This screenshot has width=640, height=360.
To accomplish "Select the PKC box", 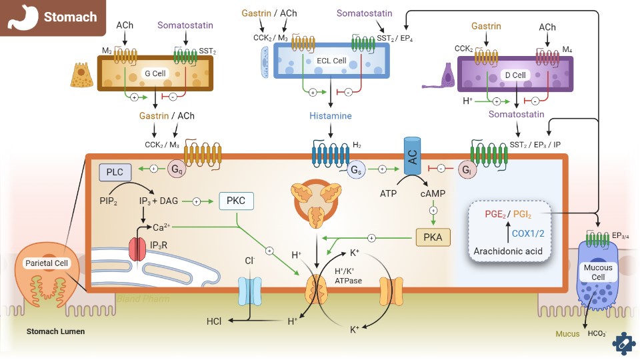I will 237,201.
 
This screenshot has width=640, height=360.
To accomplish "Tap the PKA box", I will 432,236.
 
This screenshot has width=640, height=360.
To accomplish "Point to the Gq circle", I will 177,169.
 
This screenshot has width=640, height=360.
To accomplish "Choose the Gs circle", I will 356,170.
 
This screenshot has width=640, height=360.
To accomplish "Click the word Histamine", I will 329,115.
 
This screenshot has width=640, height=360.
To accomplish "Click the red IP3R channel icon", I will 137,248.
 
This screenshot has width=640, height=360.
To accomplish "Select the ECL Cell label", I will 331,61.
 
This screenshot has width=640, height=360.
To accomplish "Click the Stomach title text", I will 70,17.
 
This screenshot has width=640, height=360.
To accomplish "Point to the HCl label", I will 214,321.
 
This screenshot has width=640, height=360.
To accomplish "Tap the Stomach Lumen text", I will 55,331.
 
